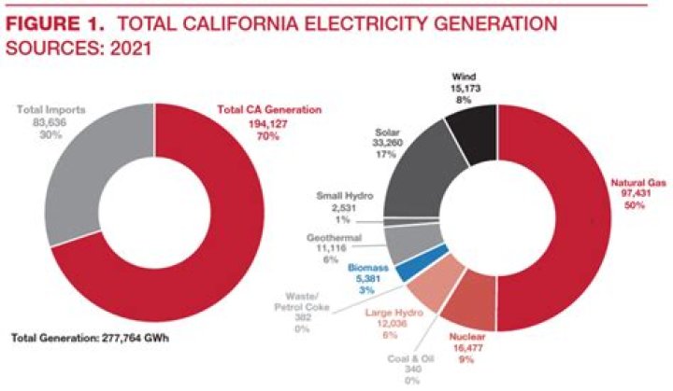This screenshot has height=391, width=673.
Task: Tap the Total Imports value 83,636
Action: [53, 122]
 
